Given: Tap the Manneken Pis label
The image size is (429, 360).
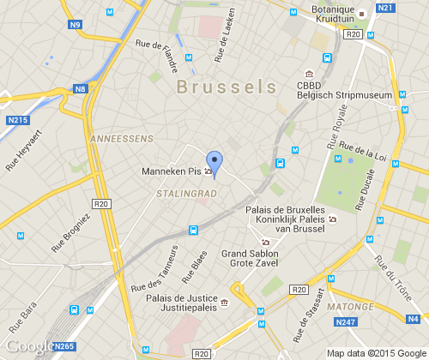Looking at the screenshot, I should pyautogui.click(x=171, y=171).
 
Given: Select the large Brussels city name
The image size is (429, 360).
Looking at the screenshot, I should pyautogui.click(x=227, y=87).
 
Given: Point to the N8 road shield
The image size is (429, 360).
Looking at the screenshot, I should pyautogui.click(x=81, y=88).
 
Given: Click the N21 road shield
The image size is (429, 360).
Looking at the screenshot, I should pyautogui.click(x=385, y=8).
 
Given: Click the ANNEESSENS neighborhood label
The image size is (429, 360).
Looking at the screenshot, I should pyautogui.click(x=121, y=137).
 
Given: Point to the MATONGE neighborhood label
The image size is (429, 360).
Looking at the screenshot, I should pyautogui.click(x=350, y=306).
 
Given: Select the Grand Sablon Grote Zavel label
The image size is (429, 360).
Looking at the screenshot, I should pyautogui.click(x=250, y=260).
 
